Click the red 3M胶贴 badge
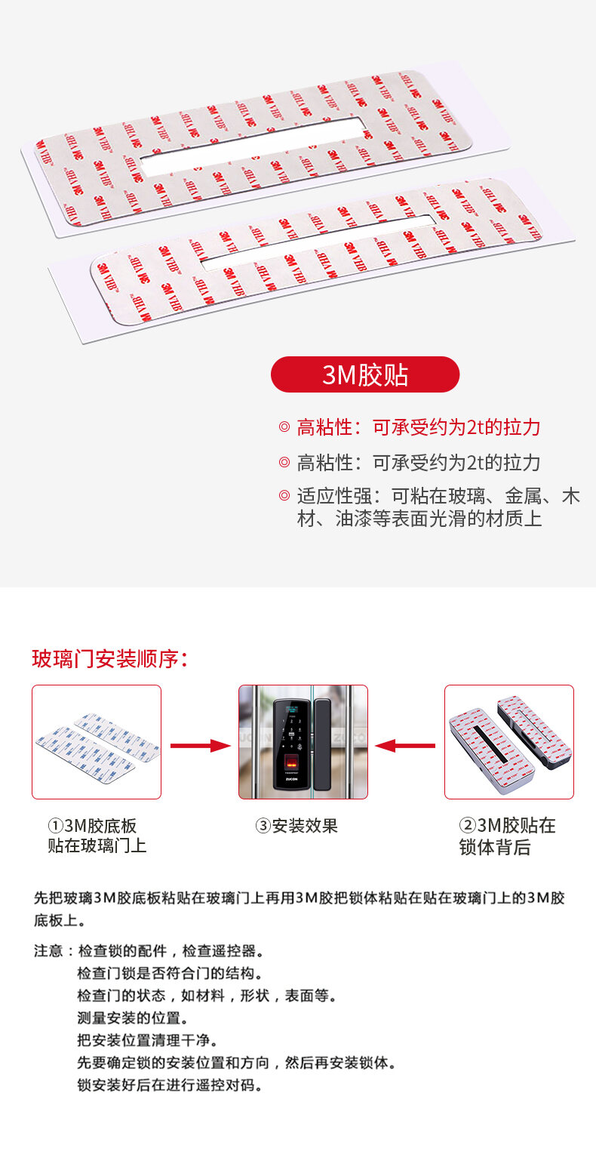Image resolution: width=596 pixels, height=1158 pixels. pyautogui.click(x=365, y=374)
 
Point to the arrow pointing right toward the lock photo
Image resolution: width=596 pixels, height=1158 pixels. pyautogui.click(x=201, y=746)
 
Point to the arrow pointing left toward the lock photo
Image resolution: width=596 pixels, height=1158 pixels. pyautogui.click(x=405, y=746)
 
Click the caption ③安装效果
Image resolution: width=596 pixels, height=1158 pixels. pyautogui.click(x=296, y=826)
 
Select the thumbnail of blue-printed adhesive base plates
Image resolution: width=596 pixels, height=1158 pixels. pyautogui.click(x=97, y=742)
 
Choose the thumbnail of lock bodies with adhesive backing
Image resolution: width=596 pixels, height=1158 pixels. pyautogui.click(x=509, y=742)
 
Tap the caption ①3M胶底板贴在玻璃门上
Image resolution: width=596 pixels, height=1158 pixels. pyautogui.click(x=97, y=836)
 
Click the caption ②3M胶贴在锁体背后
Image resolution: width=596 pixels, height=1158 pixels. pyautogui.click(x=507, y=836)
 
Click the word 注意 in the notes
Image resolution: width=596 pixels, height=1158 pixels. pyautogui.click(x=48, y=950)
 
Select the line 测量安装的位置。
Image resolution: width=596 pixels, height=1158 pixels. pyautogui.click(x=133, y=1018)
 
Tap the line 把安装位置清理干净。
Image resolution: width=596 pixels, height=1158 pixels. pyautogui.click(x=148, y=1040)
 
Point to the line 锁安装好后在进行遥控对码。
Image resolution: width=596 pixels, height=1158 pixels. pyautogui.click(x=171, y=1085)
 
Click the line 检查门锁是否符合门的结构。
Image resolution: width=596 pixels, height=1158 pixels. pyautogui.click(x=171, y=973)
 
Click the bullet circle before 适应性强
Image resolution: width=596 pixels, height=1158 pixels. pyautogui.click(x=284, y=496)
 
